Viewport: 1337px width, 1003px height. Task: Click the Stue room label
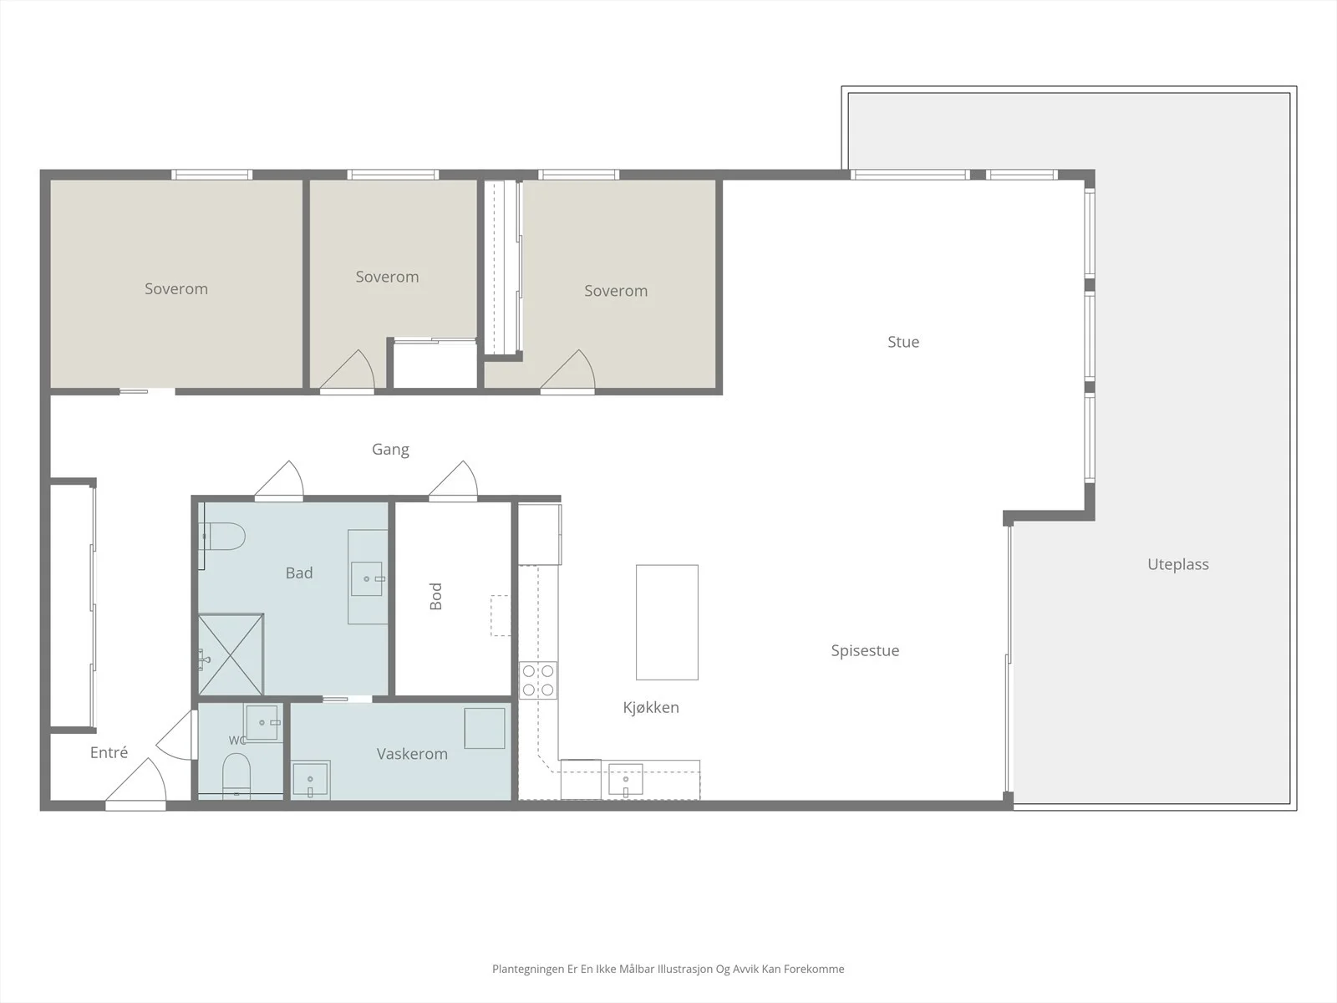click(902, 342)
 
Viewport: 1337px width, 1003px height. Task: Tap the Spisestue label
click(865, 650)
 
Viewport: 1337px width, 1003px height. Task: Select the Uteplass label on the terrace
click(1177, 564)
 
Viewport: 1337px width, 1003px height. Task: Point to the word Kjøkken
click(650, 707)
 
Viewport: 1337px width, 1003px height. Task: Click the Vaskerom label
click(412, 754)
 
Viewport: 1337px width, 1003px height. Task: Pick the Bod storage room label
click(435, 596)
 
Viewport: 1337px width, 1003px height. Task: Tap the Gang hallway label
click(390, 450)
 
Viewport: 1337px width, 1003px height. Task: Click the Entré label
click(109, 753)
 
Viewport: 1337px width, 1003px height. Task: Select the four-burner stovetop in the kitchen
click(538, 680)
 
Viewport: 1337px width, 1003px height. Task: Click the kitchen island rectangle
click(667, 622)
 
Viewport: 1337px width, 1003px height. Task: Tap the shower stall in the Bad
click(231, 654)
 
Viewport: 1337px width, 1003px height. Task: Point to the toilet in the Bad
click(223, 537)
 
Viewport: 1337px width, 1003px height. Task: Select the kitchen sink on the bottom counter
click(626, 780)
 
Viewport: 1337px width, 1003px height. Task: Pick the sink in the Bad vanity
click(367, 578)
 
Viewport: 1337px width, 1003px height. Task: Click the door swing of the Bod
click(454, 481)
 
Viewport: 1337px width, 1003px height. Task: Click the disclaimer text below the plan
click(668, 969)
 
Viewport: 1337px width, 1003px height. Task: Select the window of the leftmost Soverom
click(211, 175)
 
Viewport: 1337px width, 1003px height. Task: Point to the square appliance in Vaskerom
click(484, 728)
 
